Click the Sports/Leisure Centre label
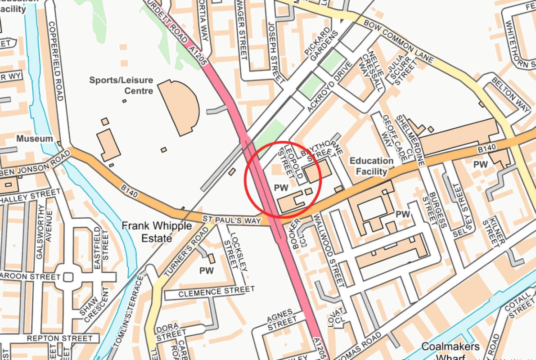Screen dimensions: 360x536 121,85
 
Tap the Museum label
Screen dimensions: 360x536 35,139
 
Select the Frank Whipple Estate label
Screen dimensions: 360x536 157,231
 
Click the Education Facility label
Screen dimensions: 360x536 371,166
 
